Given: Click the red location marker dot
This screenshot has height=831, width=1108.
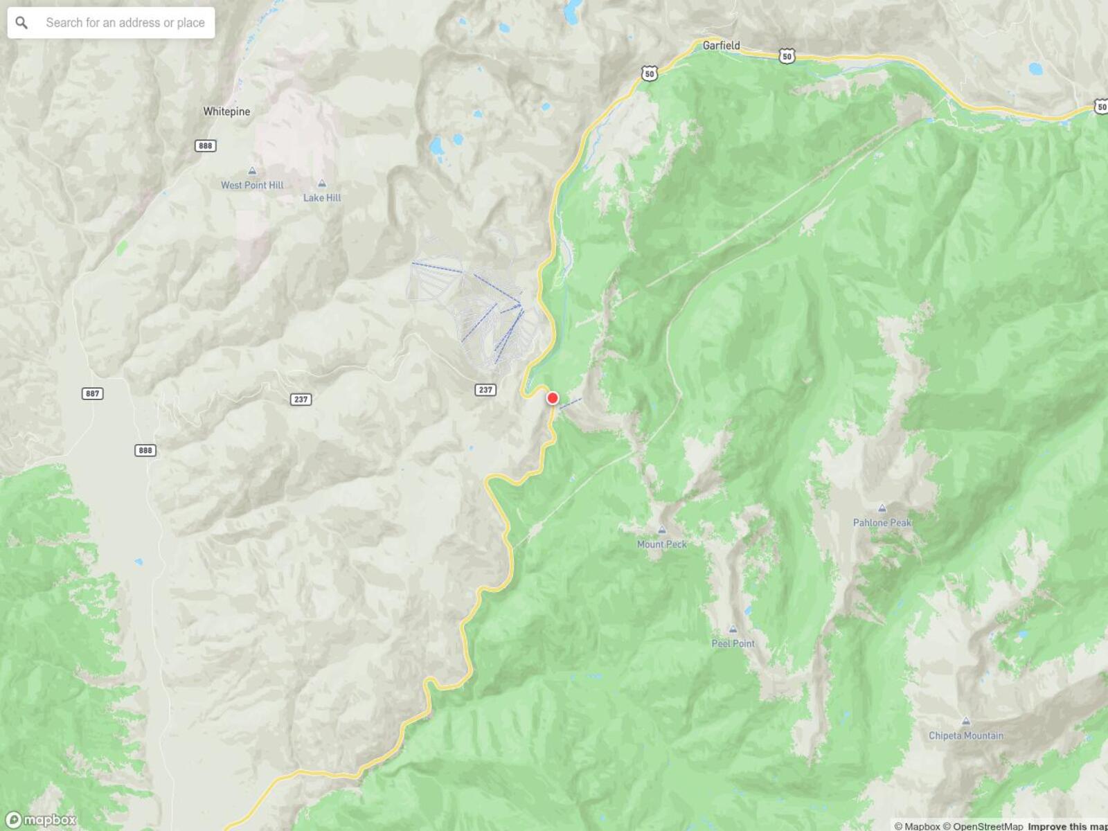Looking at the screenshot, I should pos(553,398).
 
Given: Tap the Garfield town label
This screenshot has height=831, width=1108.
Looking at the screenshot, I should pos(721,46).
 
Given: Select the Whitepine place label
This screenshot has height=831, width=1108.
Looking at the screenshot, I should pos(226,111).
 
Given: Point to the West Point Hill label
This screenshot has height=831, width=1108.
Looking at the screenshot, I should pos(252,185).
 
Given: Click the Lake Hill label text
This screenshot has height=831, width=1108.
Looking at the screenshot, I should pos(322,197).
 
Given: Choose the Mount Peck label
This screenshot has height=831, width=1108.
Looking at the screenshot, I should pos(661,544).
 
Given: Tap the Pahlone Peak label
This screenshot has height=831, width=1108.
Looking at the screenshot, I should pos(882,523).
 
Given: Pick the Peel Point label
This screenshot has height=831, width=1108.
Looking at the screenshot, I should pos(733,643).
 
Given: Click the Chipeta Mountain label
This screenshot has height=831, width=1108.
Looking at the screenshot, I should pos(965,735).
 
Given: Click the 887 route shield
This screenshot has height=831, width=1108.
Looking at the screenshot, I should pos(92,393).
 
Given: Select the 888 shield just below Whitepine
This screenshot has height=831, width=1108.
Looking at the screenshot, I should pos(205,145).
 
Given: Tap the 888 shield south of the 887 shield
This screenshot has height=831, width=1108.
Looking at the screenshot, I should pos(145,450).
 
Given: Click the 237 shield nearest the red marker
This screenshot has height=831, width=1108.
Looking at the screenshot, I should pos(485,390).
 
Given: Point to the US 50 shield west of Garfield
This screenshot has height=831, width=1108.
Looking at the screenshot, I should pos(648,73).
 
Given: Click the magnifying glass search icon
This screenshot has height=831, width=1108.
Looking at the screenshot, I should pos(22,23).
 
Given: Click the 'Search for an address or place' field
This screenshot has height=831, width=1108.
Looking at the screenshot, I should pos(125,23).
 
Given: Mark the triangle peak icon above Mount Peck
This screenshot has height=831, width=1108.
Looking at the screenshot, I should pos(662,530).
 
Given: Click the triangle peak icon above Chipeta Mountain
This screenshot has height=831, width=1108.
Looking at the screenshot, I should pos(966,721).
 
